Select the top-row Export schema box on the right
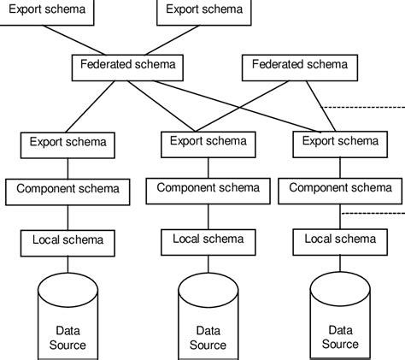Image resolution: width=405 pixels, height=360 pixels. click(x=203, y=11)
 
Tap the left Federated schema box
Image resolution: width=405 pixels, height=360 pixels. click(x=127, y=65)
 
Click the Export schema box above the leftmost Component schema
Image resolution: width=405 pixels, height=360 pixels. click(x=68, y=141)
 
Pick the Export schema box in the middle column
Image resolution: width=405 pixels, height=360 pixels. click(x=208, y=141)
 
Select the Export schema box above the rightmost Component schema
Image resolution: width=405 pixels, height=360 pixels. click(x=341, y=141)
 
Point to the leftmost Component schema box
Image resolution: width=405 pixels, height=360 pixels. click(x=68, y=190)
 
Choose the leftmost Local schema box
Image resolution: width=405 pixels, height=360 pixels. click(x=68, y=240)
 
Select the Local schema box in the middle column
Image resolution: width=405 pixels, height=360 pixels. click(x=208, y=240)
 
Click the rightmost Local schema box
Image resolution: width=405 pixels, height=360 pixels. click(x=341, y=240)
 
